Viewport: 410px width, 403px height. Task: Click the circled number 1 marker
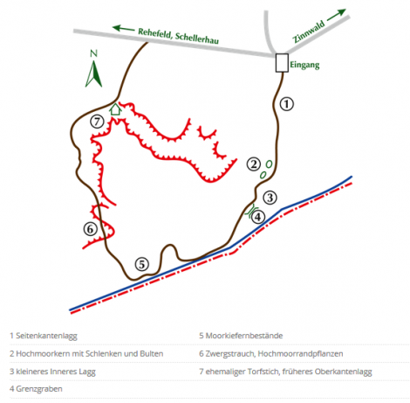[x=287, y=104]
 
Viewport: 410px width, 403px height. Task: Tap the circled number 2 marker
[x=254, y=164]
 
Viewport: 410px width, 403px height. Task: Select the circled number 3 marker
[x=270, y=198]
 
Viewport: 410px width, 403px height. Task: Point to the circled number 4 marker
[x=258, y=217]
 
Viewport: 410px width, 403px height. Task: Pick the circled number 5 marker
[x=142, y=264]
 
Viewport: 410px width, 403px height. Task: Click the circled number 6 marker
[x=91, y=229]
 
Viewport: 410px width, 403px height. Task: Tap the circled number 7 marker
[x=97, y=122]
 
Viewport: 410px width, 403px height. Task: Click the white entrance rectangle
[x=282, y=63]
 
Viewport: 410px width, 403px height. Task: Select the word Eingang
[x=304, y=65]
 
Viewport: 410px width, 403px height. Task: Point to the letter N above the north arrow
[x=93, y=53]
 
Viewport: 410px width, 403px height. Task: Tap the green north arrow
[x=93, y=74]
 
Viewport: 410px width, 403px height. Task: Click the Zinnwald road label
[x=308, y=31]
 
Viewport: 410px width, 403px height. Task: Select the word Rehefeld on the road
[x=154, y=34]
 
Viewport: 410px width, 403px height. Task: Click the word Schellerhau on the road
[x=197, y=38]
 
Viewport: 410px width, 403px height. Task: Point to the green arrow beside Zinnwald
[x=337, y=15]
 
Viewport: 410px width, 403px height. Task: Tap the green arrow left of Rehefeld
[x=124, y=28]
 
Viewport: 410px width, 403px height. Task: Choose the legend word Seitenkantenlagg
[x=46, y=336]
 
